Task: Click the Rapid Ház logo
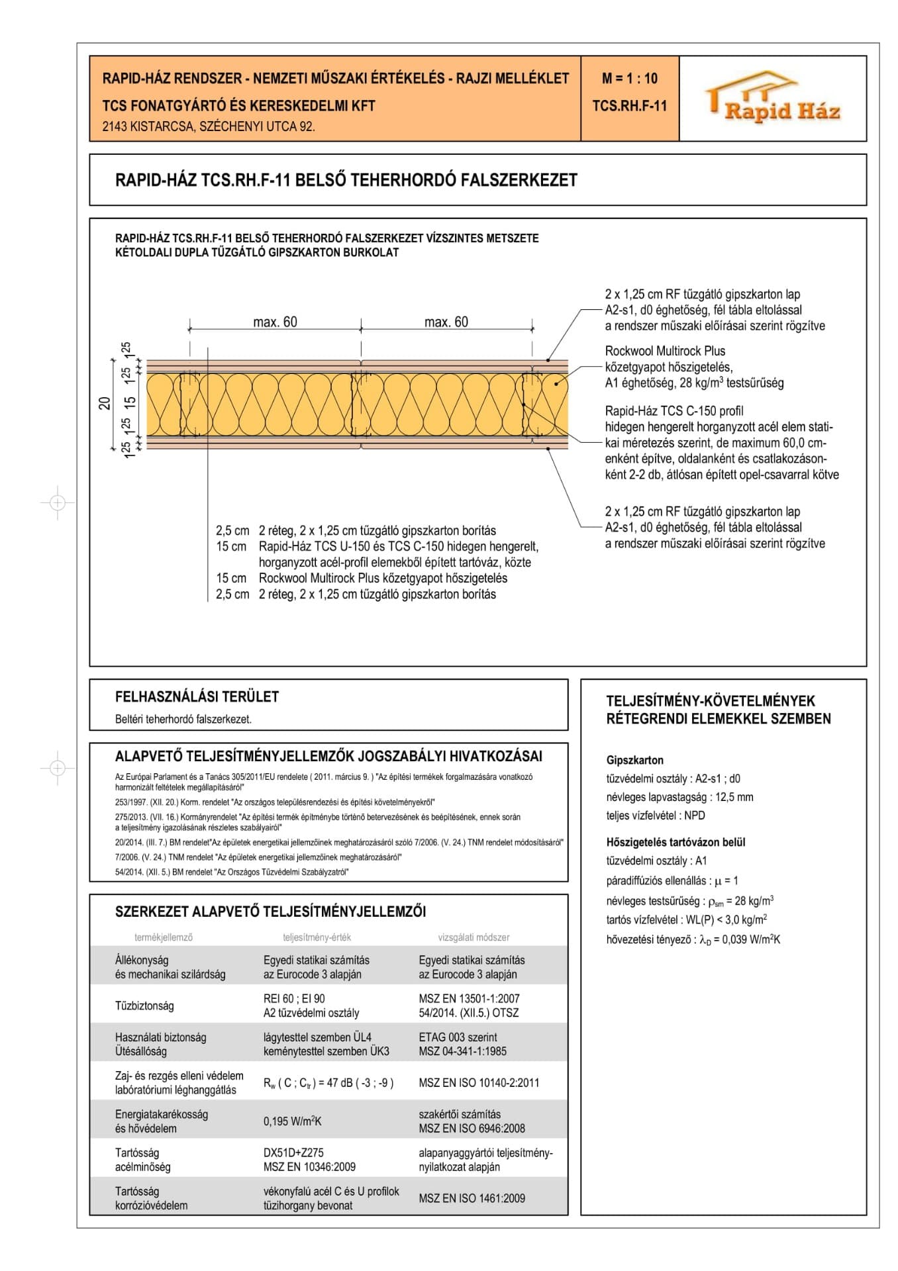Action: [773, 99]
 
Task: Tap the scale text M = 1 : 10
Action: [629, 79]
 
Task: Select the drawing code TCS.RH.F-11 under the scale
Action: [629, 106]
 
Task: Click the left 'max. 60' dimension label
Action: [275, 322]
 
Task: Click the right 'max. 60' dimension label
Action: [446, 322]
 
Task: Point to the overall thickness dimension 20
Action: [105, 403]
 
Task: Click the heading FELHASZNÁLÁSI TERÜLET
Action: [197, 696]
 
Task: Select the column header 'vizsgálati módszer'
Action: [474, 937]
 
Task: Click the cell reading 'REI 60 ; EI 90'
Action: [294, 998]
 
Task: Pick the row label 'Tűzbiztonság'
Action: [144, 1006]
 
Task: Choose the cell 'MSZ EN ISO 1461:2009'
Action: [472, 1198]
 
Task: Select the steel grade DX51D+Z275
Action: [293, 1153]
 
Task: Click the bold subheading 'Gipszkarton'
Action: [634, 760]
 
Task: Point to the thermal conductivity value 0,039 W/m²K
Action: [747, 939]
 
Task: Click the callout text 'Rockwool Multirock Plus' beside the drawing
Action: [665, 351]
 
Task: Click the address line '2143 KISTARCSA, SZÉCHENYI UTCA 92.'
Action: [209, 126]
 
